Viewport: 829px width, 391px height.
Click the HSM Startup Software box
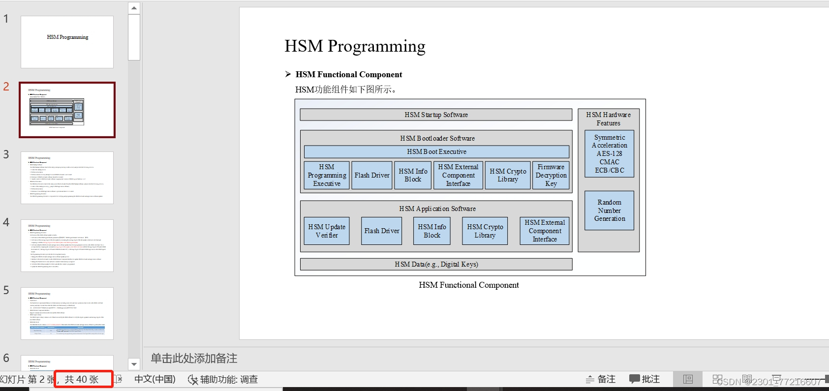436,115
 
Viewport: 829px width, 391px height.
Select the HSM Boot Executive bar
436,151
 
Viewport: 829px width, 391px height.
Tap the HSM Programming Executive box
327,175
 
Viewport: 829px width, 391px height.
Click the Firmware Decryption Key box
551,175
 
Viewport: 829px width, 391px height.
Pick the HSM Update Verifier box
327,231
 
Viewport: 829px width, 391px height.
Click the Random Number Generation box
609,211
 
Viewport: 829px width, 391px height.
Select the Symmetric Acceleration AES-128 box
609,153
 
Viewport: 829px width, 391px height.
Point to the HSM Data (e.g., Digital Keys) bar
436,264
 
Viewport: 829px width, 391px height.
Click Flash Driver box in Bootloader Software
372,175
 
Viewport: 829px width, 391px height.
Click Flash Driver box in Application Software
381,231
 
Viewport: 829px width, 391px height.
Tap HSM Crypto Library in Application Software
485,231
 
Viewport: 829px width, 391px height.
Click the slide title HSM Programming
355,46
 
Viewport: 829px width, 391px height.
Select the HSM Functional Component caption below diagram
468,285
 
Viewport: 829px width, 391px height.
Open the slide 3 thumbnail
67,178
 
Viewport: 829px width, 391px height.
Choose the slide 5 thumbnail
67,313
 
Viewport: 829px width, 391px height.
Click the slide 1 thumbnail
67,42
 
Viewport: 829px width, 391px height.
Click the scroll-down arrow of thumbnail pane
134,364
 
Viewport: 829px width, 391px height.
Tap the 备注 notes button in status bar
601,379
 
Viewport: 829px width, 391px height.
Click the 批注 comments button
645,379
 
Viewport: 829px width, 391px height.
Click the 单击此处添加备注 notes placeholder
194,359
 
